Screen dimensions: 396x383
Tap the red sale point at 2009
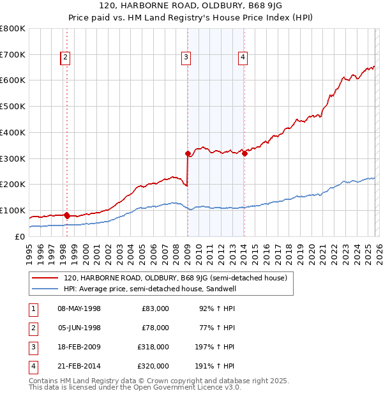[188, 153]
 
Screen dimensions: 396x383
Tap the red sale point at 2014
[244, 153]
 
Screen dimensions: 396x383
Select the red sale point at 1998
[67, 215]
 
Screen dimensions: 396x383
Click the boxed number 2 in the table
[33, 328]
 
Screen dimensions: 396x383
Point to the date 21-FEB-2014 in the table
[79, 366]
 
